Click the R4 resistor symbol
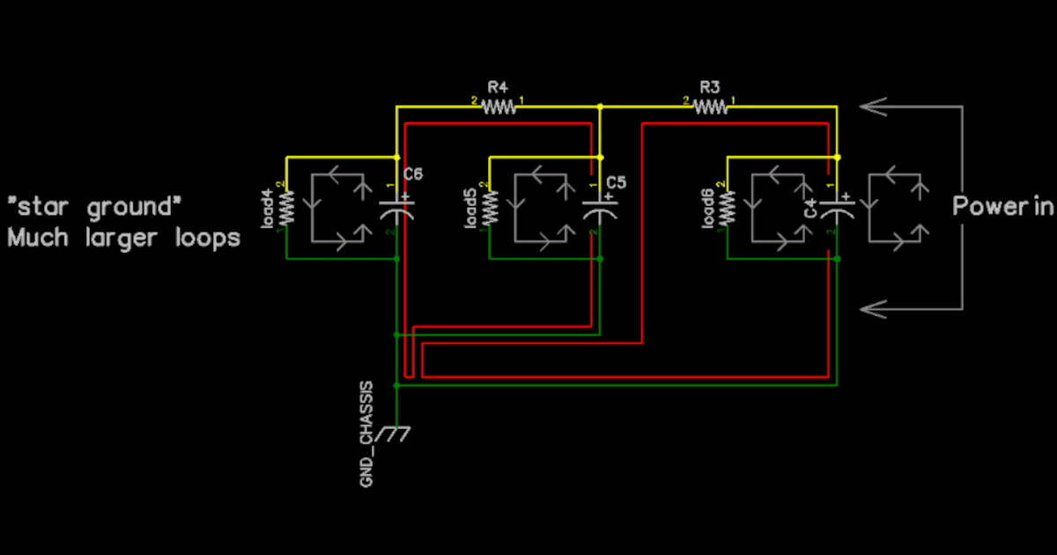pyautogui.click(x=499, y=107)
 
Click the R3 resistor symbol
pyautogui.click(x=711, y=107)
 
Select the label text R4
pyautogui.click(x=498, y=87)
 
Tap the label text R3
pyautogui.click(x=710, y=87)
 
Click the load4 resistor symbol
pyautogui.click(x=286, y=209)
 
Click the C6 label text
pyautogui.click(x=413, y=174)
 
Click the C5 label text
pyautogui.click(x=617, y=182)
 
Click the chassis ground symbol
pyautogui.click(x=395, y=433)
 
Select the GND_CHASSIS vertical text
pyautogui.click(x=366, y=433)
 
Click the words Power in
pyautogui.click(x=1002, y=207)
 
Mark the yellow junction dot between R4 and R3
pyautogui.click(x=600, y=107)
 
